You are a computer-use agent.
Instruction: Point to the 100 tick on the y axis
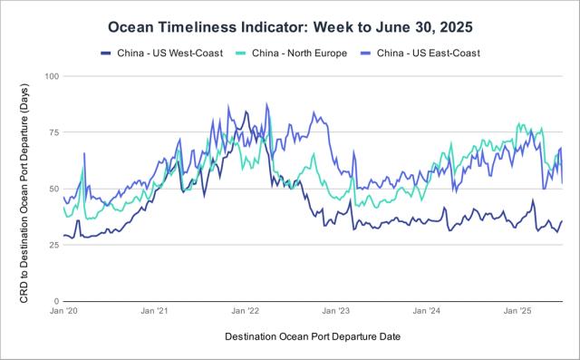coord(52,76)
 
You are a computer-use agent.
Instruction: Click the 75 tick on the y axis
coord(54,132)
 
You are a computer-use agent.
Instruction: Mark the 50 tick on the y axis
coord(54,189)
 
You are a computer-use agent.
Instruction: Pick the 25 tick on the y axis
coord(54,245)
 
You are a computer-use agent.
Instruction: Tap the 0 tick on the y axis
coord(56,301)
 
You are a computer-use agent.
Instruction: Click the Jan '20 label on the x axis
coord(63,311)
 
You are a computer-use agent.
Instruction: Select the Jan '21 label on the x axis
coord(154,311)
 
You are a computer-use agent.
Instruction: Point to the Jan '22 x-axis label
coord(245,311)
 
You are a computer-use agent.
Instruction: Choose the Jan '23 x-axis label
coord(335,311)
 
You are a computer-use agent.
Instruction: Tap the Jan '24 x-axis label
coord(427,311)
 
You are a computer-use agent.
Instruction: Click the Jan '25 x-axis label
coord(517,311)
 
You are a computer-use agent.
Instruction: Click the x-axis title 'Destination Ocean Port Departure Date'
coord(313,336)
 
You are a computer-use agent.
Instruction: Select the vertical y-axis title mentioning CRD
coord(24,194)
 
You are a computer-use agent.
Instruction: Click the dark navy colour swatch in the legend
coord(106,54)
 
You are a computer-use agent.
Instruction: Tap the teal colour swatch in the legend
coord(241,54)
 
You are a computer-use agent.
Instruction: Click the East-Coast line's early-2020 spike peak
coord(84,153)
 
